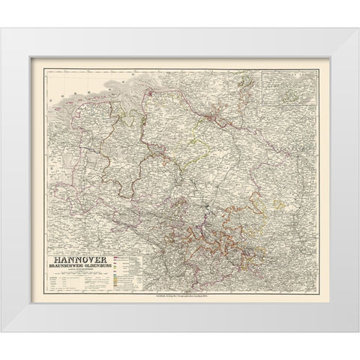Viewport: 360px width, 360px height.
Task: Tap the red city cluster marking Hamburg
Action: point(216,115)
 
